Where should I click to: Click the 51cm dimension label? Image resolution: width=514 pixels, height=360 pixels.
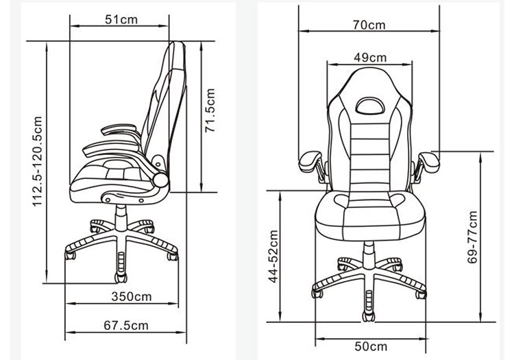(121, 20)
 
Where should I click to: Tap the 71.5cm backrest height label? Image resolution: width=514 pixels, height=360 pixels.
(210, 110)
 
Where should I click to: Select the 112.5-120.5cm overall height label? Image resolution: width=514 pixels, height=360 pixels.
(38, 161)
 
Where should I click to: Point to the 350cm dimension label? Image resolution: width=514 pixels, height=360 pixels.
(132, 296)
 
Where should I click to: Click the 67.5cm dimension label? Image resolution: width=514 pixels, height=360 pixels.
(126, 325)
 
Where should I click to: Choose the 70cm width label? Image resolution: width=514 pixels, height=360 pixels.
(369, 25)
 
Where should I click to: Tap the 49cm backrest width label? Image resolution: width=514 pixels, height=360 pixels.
(370, 58)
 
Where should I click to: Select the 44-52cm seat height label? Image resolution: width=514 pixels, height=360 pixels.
(273, 256)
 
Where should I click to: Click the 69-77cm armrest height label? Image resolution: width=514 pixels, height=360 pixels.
(472, 237)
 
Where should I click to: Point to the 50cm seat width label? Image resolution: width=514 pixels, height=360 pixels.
(371, 346)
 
